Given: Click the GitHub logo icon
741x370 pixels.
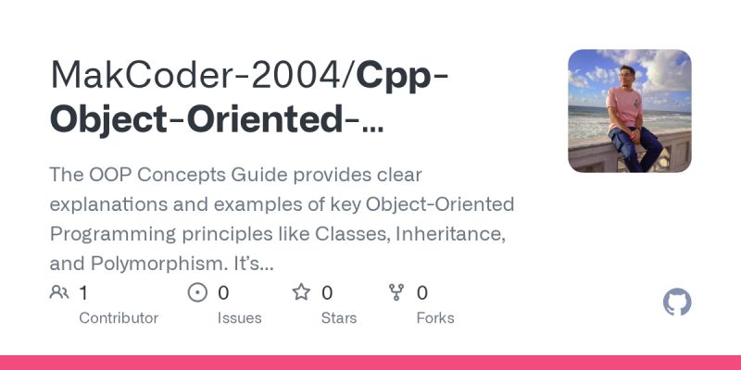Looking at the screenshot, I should tap(678, 302).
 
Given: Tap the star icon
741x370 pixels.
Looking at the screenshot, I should tap(302, 293).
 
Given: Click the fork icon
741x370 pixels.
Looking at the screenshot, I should tap(397, 293).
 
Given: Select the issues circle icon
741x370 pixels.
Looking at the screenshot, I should tap(197, 293).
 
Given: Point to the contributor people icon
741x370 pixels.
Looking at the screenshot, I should tap(59, 293).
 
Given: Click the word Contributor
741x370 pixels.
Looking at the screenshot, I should tap(119, 318).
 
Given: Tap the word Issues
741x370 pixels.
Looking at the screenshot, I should tap(239, 318).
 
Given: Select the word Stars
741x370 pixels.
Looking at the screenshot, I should tap(339, 318).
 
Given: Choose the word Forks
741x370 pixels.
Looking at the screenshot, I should tap(435, 318).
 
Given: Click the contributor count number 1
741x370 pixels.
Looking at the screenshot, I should tap(83, 293).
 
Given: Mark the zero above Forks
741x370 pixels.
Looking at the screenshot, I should tap(422, 293).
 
